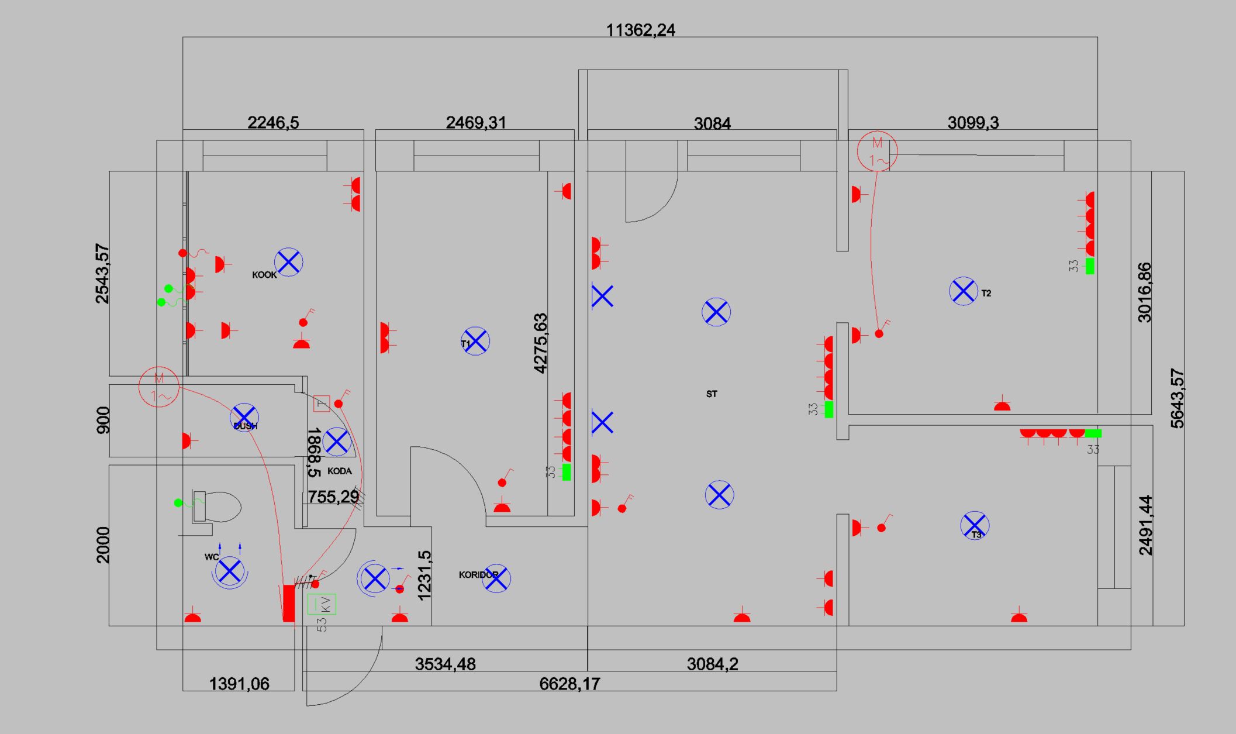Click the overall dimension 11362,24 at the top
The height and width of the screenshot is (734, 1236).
640,30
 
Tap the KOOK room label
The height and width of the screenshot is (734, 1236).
264,275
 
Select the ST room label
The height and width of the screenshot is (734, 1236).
711,394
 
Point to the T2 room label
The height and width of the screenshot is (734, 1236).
986,293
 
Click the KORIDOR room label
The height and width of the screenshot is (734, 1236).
478,575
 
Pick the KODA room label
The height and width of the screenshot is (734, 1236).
339,471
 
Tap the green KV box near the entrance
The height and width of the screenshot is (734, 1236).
322,604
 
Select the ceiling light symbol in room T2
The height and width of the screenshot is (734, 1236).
963,291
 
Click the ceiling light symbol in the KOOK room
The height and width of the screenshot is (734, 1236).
288,261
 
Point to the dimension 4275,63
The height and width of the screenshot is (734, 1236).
541,343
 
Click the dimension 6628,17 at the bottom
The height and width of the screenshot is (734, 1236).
569,683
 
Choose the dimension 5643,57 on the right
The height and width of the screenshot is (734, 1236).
1177,398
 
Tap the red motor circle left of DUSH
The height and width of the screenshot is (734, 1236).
158,387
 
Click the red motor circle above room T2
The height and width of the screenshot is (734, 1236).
877,151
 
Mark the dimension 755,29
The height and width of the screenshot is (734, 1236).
333,497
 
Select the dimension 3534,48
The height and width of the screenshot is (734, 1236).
445,664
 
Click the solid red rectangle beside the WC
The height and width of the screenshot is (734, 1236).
288,603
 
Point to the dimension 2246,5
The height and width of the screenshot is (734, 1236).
273,123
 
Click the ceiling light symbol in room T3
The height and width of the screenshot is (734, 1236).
975,525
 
